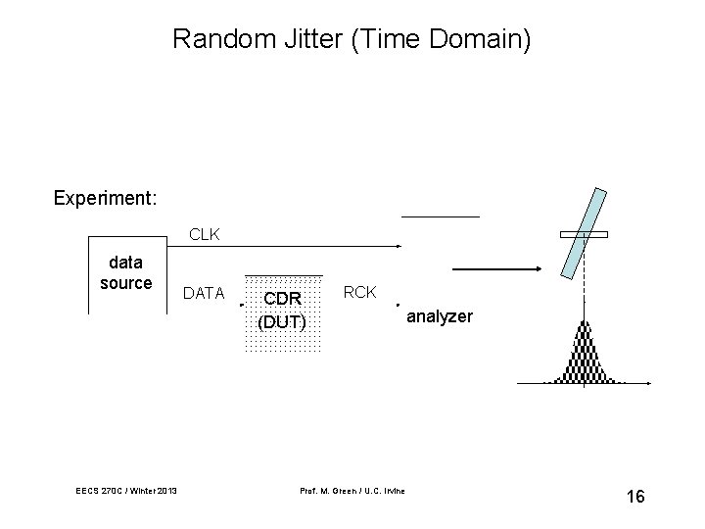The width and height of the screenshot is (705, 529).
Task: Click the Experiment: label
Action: (105, 198)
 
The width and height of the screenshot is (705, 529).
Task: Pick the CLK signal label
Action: (205, 235)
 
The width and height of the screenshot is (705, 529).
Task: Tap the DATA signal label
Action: (205, 293)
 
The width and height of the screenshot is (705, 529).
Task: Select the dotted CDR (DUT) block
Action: (283, 313)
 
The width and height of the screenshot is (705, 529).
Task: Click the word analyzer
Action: (440, 317)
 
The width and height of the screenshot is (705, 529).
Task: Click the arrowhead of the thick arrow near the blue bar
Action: (536, 269)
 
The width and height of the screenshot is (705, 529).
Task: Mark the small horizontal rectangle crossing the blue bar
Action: (584, 235)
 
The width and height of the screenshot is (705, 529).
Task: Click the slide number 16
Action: (634, 497)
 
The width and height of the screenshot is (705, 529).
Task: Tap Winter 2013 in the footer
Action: (151, 490)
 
